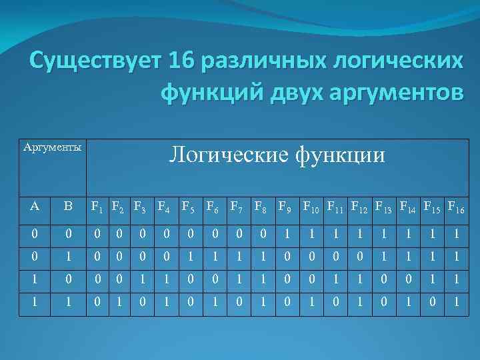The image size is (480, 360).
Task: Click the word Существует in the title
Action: click(95, 63)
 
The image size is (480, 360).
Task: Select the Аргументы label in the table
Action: click(53, 147)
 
